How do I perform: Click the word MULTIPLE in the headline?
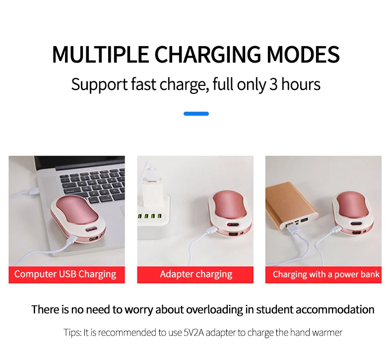[100, 55]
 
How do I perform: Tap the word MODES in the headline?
[303, 55]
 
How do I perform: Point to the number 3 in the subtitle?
[273, 84]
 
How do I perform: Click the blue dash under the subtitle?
[196, 114]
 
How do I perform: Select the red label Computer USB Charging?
[67, 275]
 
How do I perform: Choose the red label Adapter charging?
[195, 275]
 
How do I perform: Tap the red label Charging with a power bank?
[324, 275]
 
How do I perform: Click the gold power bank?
[291, 205]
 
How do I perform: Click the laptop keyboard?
[92, 185]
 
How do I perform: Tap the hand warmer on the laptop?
[78, 219]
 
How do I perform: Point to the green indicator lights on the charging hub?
[149, 216]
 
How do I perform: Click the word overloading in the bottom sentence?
[214, 310]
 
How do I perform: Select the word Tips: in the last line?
[72, 333]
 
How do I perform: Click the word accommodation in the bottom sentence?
[335, 310]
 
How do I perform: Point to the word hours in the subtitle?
[301, 84]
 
